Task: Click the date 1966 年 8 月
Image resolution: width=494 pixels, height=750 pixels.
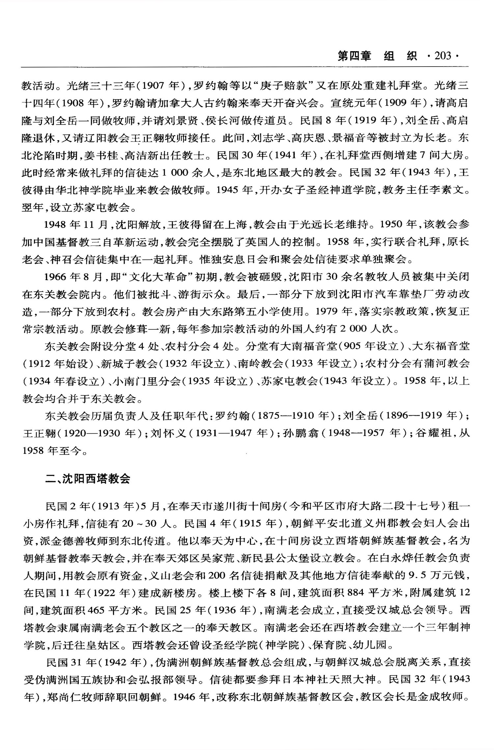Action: pos(74,277)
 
